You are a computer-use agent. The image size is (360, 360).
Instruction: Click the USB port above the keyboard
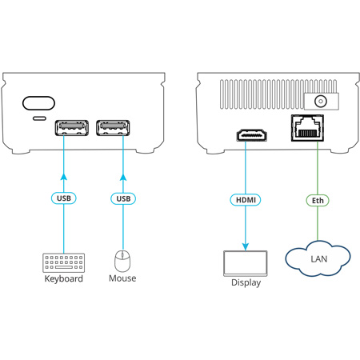click(71, 128)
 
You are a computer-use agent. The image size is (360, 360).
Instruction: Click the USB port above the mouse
click(113, 128)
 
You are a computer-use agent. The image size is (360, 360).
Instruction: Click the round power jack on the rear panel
click(321, 102)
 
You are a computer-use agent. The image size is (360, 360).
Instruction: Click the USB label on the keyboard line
click(64, 198)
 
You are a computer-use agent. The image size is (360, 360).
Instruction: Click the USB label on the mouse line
click(122, 198)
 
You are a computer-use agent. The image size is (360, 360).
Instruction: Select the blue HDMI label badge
click(244, 199)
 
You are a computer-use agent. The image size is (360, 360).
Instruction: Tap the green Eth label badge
click(318, 199)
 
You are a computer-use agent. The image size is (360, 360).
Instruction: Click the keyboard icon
click(64, 262)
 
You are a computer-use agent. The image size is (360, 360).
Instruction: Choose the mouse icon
click(122, 260)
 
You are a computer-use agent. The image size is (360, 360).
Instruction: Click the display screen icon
click(245, 263)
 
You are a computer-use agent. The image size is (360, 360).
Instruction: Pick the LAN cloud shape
click(318, 258)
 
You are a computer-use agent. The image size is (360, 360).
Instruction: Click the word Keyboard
click(64, 279)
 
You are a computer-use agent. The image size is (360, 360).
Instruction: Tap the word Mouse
click(122, 279)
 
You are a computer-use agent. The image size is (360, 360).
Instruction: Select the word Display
click(246, 282)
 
